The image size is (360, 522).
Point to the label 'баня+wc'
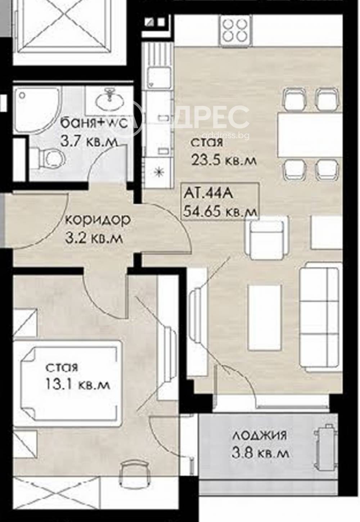click(94, 123)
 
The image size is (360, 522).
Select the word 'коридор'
click(98, 220)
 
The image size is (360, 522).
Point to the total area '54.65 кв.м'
click(220, 211)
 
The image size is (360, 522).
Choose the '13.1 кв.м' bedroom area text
click(77, 384)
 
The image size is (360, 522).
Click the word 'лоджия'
click(259, 435)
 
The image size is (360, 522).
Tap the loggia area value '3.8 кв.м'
click(260, 453)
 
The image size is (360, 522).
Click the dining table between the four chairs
click(309, 134)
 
